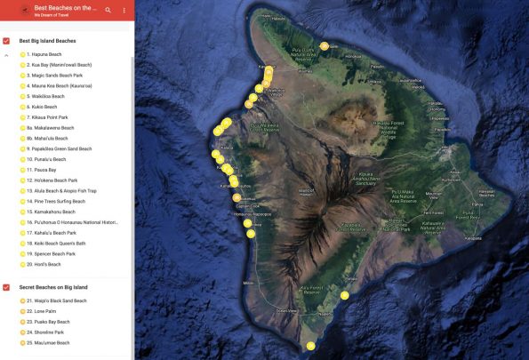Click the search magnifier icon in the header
click(x=108, y=10)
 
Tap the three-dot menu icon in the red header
click(x=124, y=10)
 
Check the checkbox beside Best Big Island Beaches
click(x=7, y=41)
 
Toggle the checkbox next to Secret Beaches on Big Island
click(x=7, y=287)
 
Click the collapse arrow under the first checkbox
click(x=7, y=55)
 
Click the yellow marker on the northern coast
click(x=325, y=45)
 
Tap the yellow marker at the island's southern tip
click(x=310, y=346)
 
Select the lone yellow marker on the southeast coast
click(x=344, y=295)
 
